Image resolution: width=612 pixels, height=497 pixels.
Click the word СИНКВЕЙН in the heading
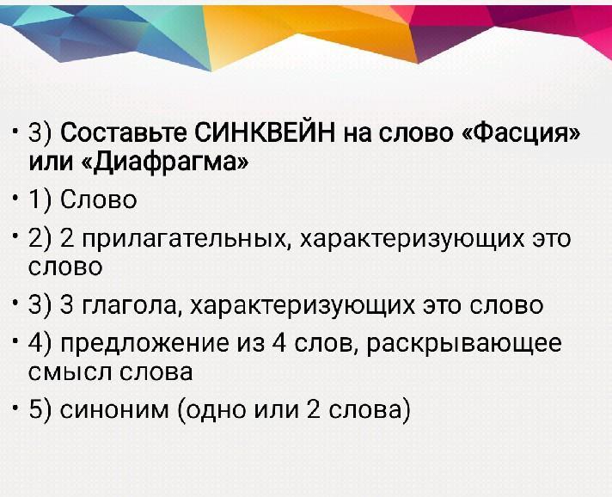point(264,132)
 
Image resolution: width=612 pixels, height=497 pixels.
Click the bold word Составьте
point(124,133)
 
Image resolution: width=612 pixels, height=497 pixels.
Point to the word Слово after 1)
point(98,199)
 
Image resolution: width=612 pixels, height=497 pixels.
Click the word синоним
point(114,410)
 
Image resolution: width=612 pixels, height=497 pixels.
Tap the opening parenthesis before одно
point(181,411)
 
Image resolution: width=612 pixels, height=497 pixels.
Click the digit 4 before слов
point(279,342)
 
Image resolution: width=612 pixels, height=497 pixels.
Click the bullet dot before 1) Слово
point(15,198)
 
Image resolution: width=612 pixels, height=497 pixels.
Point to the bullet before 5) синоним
point(15,408)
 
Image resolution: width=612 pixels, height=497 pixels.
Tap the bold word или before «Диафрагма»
point(51,162)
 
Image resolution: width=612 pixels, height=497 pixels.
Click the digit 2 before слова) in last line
point(314,409)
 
